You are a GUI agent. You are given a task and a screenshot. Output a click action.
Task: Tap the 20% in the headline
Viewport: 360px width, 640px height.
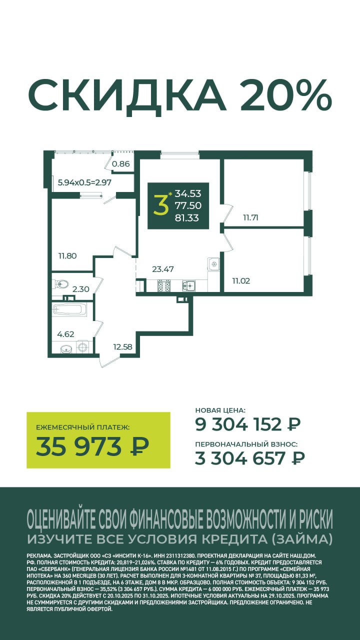286,95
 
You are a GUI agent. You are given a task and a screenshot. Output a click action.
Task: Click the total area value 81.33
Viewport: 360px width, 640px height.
186,218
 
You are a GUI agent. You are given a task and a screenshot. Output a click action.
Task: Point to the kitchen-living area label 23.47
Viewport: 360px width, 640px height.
162,269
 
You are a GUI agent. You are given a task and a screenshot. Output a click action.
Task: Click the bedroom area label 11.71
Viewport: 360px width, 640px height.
250,217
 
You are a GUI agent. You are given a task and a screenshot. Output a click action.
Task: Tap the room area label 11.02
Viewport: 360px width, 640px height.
241,281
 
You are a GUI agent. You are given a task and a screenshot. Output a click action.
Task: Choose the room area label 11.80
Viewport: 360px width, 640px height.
67,255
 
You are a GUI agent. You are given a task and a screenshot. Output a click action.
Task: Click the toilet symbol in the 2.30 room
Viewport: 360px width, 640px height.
61,284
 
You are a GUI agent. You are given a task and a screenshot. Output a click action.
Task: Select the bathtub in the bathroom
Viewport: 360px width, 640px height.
69,310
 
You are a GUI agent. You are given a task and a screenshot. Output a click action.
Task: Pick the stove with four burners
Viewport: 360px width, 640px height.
164,285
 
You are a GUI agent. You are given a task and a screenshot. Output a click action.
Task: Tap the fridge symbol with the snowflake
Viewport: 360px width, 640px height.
214,264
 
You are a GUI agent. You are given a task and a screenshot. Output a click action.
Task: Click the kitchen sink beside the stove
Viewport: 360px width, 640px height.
189,285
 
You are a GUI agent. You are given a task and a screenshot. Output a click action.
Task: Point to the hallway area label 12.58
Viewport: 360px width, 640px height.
122,347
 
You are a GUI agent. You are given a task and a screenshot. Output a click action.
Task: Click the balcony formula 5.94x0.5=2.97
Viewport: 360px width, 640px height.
84,182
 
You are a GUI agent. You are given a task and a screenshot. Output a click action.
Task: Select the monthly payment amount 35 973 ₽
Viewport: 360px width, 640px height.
92,447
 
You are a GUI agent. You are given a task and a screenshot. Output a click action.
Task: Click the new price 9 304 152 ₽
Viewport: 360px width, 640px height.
248,424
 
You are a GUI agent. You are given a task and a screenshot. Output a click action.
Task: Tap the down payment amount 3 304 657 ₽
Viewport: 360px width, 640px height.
249,458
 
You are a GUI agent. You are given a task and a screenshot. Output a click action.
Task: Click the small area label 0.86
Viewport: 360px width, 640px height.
120,164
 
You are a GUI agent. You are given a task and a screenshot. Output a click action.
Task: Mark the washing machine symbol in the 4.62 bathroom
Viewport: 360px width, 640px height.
83,347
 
